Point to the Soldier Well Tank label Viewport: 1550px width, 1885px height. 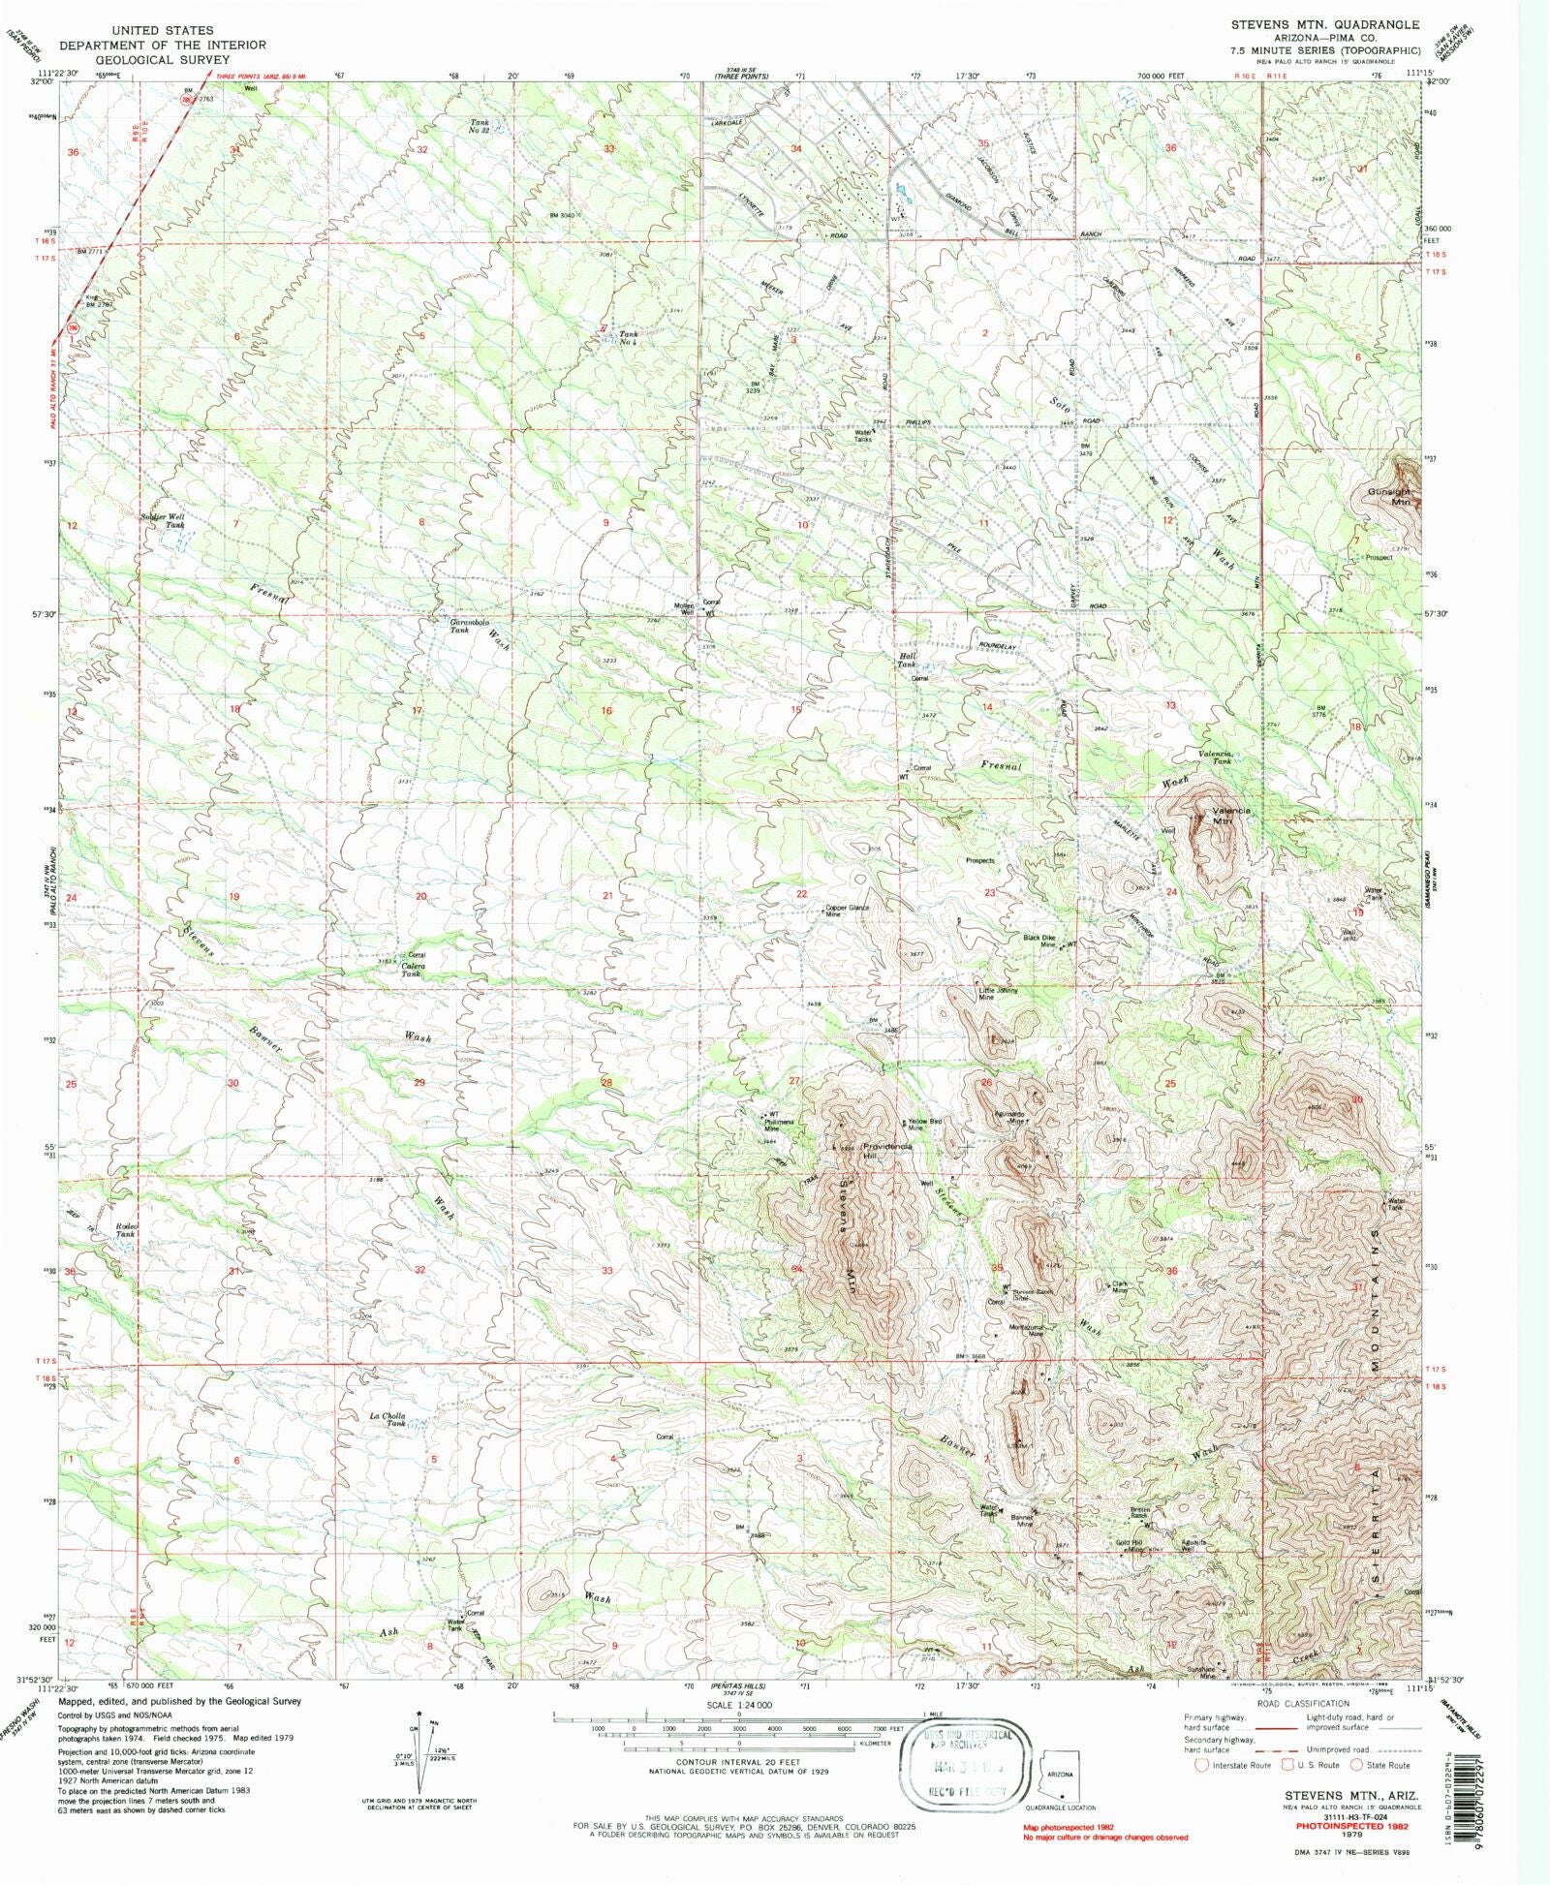163,520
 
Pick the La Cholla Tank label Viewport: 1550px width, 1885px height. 388,1420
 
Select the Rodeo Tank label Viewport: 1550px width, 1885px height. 126,1230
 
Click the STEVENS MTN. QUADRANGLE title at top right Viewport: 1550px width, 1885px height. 1324,24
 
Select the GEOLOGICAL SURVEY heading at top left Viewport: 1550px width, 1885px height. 135,59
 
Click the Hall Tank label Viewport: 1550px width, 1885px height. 906,660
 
